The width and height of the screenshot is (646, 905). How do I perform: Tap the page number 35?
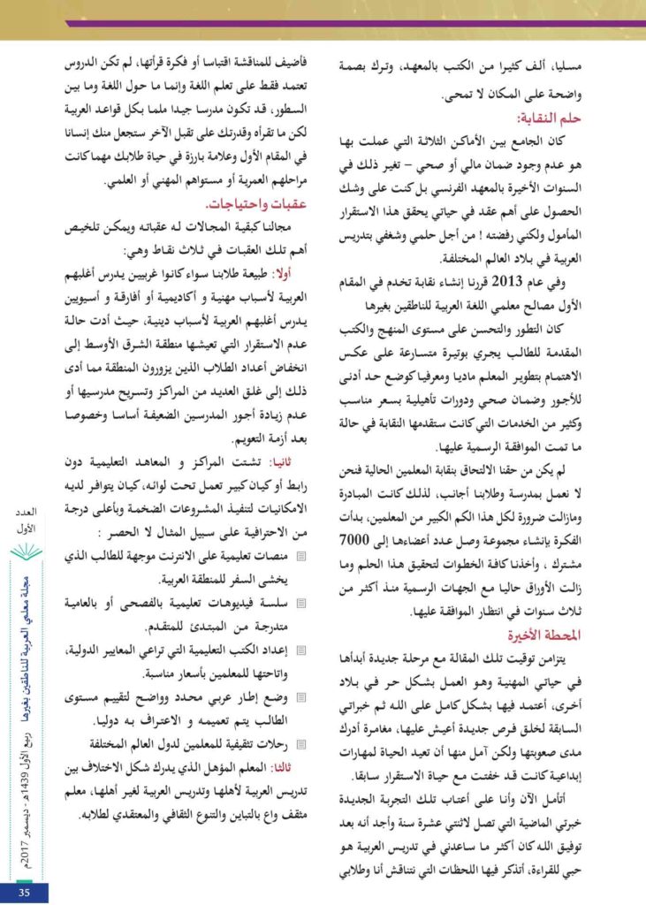click(x=24, y=892)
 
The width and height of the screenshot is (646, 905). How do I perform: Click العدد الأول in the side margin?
click(x=25, y=521)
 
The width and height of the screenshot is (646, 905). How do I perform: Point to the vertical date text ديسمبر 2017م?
click(x=25, y=840)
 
